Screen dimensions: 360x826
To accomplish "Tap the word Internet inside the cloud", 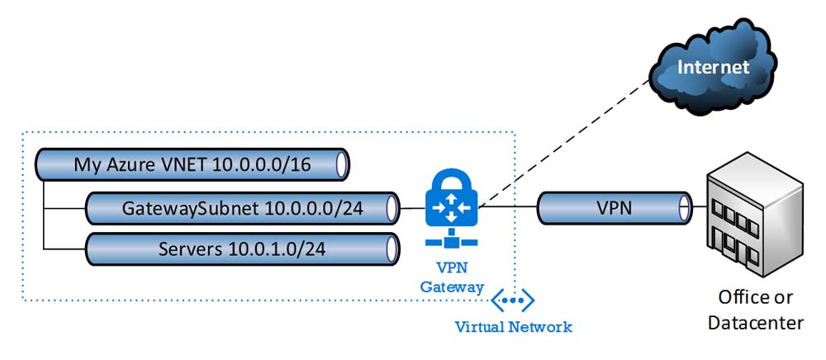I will (714, 67).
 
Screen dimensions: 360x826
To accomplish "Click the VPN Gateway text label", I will (451, 277).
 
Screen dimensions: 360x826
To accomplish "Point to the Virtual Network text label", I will (513, 327).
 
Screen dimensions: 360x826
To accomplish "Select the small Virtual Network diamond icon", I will (513, 299).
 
